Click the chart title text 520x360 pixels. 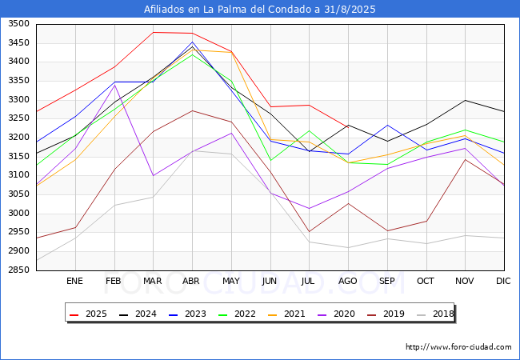[x=260, y=10]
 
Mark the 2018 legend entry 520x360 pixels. [x=442, y=314]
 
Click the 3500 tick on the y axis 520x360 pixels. [x=18, y=24]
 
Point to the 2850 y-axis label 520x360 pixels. [x=18, y=270]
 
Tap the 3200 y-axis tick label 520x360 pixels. [x=18, y=138]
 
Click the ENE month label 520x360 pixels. [x=74, y=282]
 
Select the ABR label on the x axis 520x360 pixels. [x=191, y=282]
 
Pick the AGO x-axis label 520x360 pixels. [x=348, y=282]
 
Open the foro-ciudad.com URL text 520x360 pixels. [x=458, y=347]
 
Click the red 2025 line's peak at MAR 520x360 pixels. [x=153, y=32]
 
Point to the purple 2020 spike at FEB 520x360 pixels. [x=114, y=85]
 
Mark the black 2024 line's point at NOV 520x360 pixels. [x=465, y=100]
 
